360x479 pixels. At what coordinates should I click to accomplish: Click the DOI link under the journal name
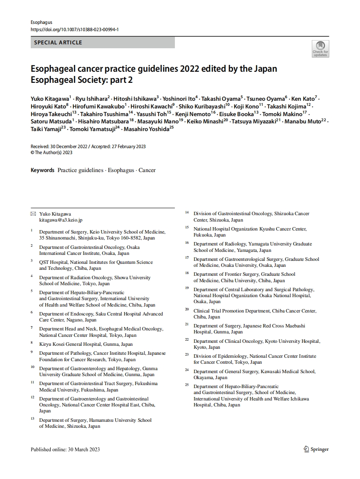pyautogui.click(x=75, y=29)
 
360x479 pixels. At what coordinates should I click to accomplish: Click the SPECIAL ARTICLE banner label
pyautogui.click(x=58, y=43)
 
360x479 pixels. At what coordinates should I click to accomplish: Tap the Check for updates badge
pyautogui.click(x=320, y=49)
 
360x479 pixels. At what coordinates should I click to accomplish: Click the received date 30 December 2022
pyautogui.click(x=67, y=146)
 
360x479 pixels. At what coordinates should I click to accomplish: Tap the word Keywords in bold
pyautogui.click(x=43, y=170)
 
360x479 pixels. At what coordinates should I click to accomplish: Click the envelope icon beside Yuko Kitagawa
pyautogui.click(x=33, y=213)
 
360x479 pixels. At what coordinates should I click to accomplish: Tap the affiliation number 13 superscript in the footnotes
pyautogui.click(x=32, y=419)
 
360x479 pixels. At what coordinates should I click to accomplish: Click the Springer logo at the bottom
pyautogui.click(x=316, y=449)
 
